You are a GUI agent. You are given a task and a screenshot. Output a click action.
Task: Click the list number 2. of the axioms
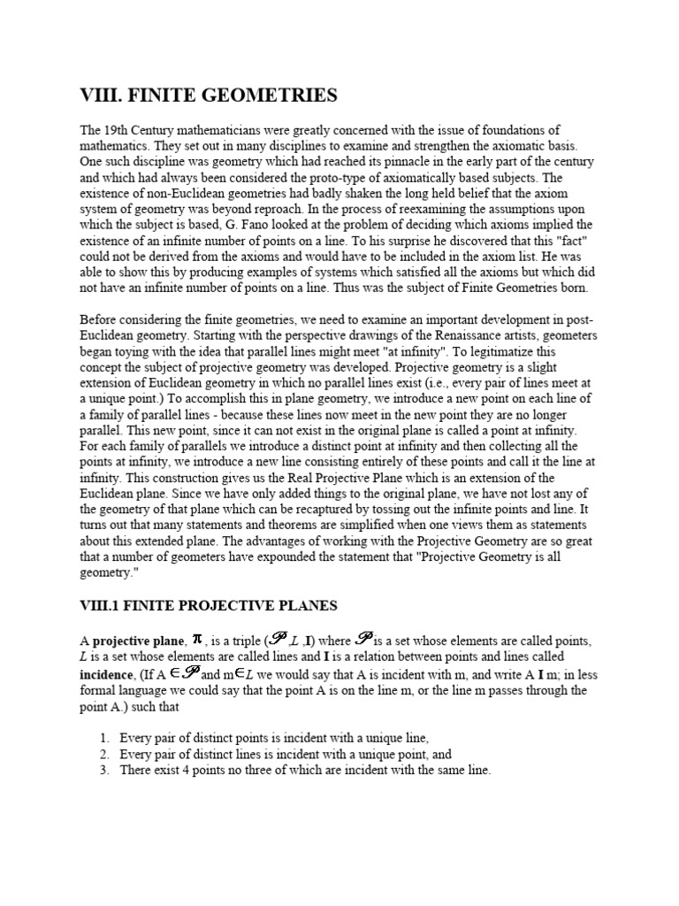click(105, 755)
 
